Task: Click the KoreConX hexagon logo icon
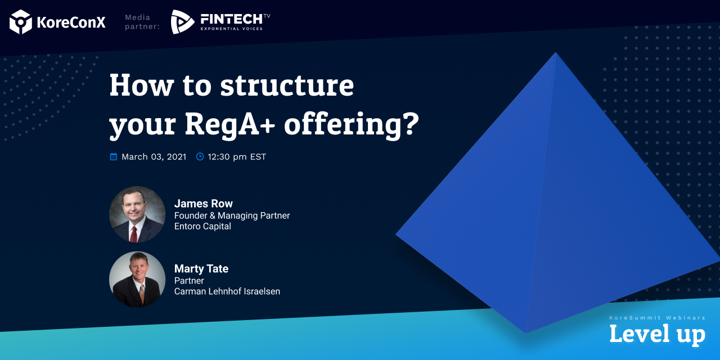21,22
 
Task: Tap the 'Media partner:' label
142,22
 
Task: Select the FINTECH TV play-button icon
182,22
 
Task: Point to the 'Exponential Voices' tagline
232,29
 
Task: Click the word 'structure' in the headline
287,85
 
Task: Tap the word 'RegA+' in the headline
231,124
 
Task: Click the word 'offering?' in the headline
352,124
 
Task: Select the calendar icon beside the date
114,157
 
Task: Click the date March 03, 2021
154,157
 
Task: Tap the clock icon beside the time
200,157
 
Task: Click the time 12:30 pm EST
237,157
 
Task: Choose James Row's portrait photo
137,214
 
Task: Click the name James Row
204,204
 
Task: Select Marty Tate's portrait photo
137,280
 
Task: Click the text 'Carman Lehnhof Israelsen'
227,291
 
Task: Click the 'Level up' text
657,334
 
